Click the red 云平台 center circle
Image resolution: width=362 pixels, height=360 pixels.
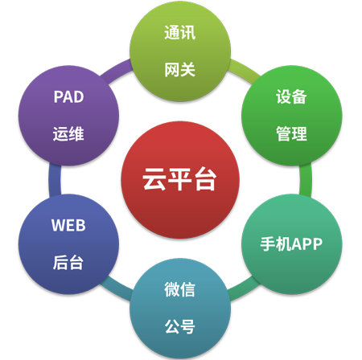pos(180,180)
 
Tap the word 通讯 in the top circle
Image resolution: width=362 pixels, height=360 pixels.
pos(180,32)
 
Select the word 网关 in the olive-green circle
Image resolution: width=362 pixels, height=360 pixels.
pos(180,70)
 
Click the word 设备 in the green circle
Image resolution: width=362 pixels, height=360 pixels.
pos(291,96)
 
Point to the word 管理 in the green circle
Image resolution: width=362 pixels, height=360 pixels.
pos(291,133)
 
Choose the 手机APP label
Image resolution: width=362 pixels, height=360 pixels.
pos(291,244)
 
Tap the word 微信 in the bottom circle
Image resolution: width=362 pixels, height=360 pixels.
pos(180,289)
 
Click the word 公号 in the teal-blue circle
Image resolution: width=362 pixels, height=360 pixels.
pos(180,326)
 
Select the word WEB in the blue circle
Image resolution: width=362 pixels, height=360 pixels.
pos(68,225)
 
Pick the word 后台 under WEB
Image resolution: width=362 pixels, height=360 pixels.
pos(68,263)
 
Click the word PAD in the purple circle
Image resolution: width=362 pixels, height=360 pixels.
pos(68,96)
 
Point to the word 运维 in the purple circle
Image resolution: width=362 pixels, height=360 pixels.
pos(68,133)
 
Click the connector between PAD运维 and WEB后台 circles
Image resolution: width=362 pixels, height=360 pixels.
pos(55,180)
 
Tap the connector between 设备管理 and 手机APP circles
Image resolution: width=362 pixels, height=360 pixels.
pos(306,180)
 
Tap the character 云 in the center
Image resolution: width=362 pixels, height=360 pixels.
pos(154,179)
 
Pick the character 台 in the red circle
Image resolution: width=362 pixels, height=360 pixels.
pos(205,179)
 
